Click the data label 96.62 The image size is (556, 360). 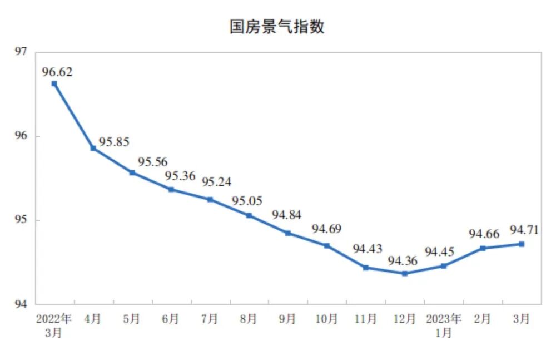pyautogui.click(x=57, y=72)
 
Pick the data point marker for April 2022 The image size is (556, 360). pyautogui.click(x=93, y=148)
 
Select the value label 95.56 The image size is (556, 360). pyautogui.click(x=152, y=161)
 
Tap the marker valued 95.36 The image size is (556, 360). pyautogui.click(x=171, y=189)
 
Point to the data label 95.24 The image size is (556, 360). pyautogui.click(x=217, y=182)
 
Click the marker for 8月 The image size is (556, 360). pyautogui.click(x=249, y=215)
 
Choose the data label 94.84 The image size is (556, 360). pyautogui.click(x=286, y=215)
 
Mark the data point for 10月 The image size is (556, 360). pyautogui.click(x=327, y=245)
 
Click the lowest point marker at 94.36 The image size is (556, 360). pyautogui.click(x=405, y=273)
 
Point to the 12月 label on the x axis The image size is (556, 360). pyautogui.click(x=404, y=319)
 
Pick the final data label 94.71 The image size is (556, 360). pyautogui.click(x=524, y=230)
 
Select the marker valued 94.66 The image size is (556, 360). pyautogui.click(x=483, y=248)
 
